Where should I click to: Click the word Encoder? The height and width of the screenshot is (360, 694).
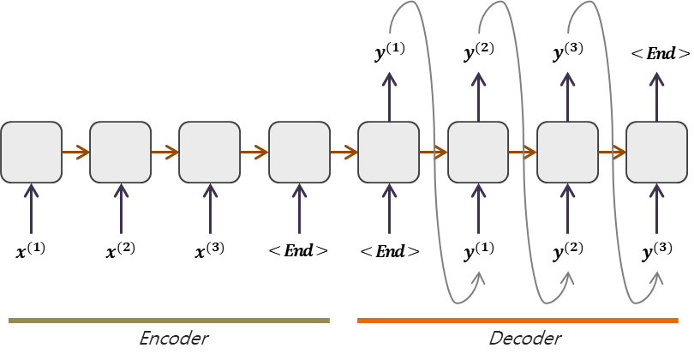coord(174,339)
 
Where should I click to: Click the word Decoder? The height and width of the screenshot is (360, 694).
coord(525,339)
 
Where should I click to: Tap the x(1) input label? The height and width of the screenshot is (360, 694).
coord(31,251)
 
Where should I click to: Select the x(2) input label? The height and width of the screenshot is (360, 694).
coord(121,251)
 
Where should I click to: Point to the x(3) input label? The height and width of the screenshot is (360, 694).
coord(210,251)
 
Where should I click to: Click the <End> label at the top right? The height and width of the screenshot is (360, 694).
coord(660,53)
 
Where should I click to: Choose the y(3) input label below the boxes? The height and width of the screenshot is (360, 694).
coord(658,251)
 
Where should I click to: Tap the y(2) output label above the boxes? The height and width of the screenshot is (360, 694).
coord(479,53)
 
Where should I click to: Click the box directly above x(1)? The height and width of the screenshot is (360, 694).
coord(31,153)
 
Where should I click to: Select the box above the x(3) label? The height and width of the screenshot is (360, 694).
coord(210,153)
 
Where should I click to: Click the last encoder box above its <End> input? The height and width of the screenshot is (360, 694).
coord(299,153)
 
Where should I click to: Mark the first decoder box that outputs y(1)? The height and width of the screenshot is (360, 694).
coord(389,153)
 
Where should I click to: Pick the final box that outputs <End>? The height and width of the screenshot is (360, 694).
coord(657,153)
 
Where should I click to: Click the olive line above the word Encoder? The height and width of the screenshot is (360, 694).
coord(169,321)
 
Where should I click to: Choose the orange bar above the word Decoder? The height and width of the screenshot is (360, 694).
coord(518,321)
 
